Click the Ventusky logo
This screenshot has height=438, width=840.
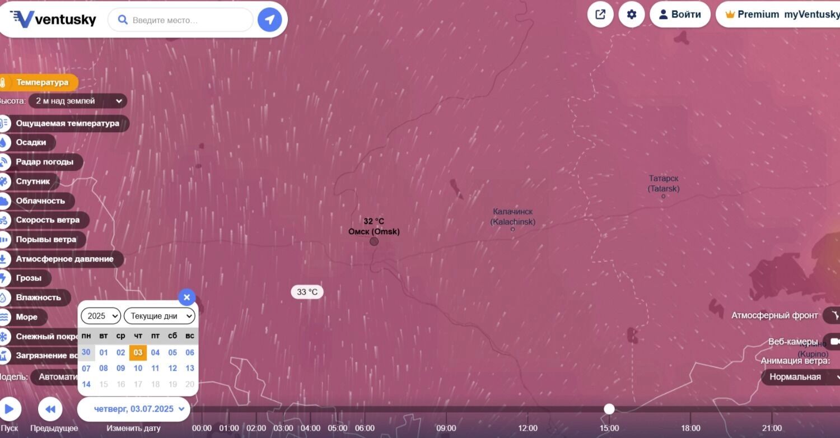(x=53, y=20)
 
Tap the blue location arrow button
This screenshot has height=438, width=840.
(x=269, y=20)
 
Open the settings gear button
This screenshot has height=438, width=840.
(x=632, y=15)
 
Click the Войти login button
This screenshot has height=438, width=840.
(x=680, y=15)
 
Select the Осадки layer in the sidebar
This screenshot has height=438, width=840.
(x=31, y=142)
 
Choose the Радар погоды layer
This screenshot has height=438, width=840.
(x=44, y=162)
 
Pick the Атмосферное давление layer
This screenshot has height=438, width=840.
(x=64, y=259)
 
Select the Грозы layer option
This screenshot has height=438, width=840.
(x=29, y=278)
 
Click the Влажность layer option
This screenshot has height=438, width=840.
(x=38, y=297)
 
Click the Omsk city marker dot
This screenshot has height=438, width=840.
(x=374, y=241)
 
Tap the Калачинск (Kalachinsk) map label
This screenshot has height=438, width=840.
(x=513, y=217)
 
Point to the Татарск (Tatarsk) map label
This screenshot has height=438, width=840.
(x=664, y=184)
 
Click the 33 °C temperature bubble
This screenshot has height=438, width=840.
(x=307, y=292)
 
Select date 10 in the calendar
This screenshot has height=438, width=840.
(x=138, y=368)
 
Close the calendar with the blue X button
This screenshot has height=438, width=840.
(x=186, y=297)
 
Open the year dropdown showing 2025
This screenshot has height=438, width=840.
(x=101, y=316)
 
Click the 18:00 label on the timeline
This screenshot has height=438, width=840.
(x=690, y=428)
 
